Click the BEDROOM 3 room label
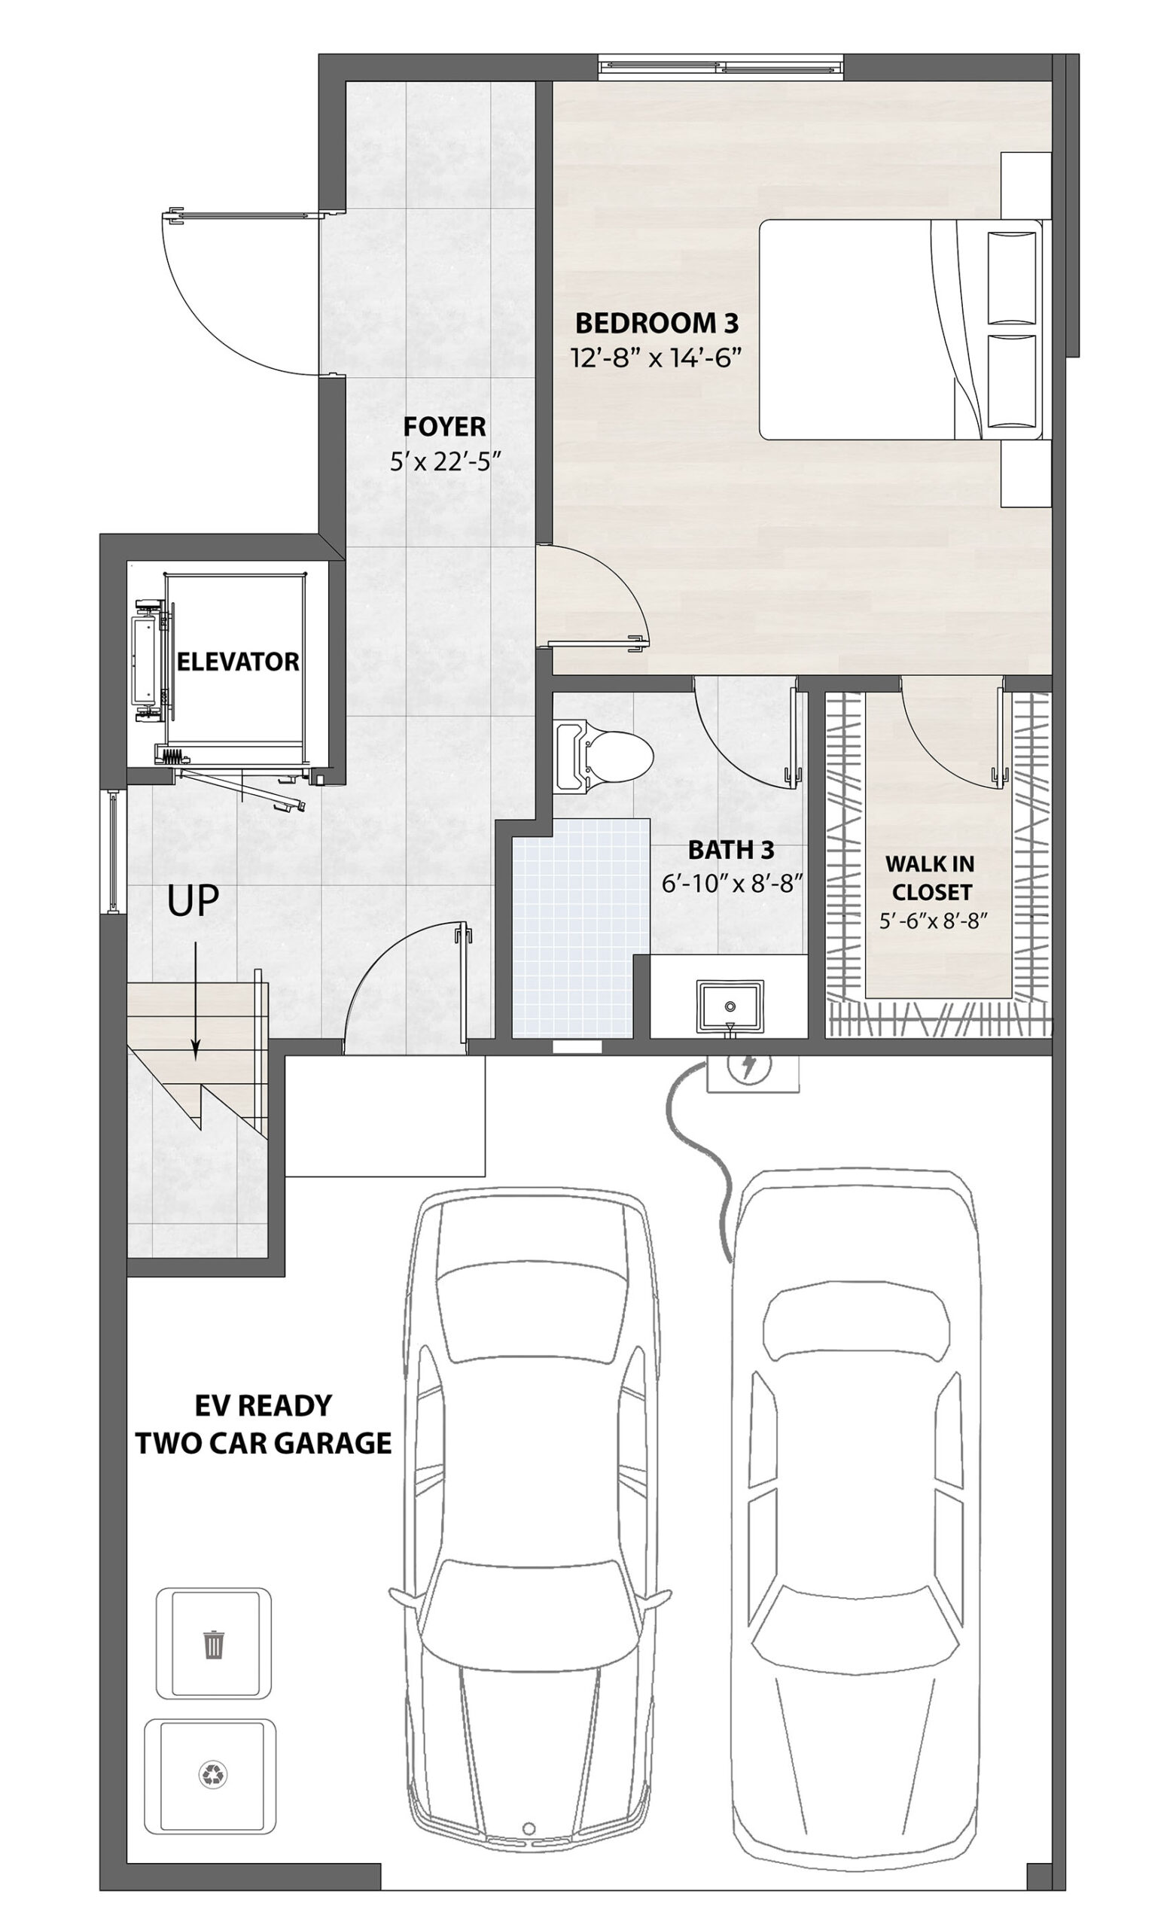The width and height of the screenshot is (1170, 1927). click(657, 322)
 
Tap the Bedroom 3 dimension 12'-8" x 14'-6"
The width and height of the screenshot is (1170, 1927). click(657, 359)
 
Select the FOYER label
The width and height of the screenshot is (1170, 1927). click(444, 427)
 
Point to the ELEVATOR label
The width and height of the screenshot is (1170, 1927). click(238, 662)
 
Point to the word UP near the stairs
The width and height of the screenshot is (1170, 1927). click(193, 901)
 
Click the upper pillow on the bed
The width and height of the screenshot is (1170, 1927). click(1012, 278)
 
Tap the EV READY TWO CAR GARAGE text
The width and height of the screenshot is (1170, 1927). click(264, 1423)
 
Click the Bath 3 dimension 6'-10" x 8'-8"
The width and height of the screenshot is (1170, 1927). click(733, 884)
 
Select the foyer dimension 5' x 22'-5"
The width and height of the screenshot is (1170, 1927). click(445, 462)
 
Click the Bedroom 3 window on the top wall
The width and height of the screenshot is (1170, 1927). click(721, 67)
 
